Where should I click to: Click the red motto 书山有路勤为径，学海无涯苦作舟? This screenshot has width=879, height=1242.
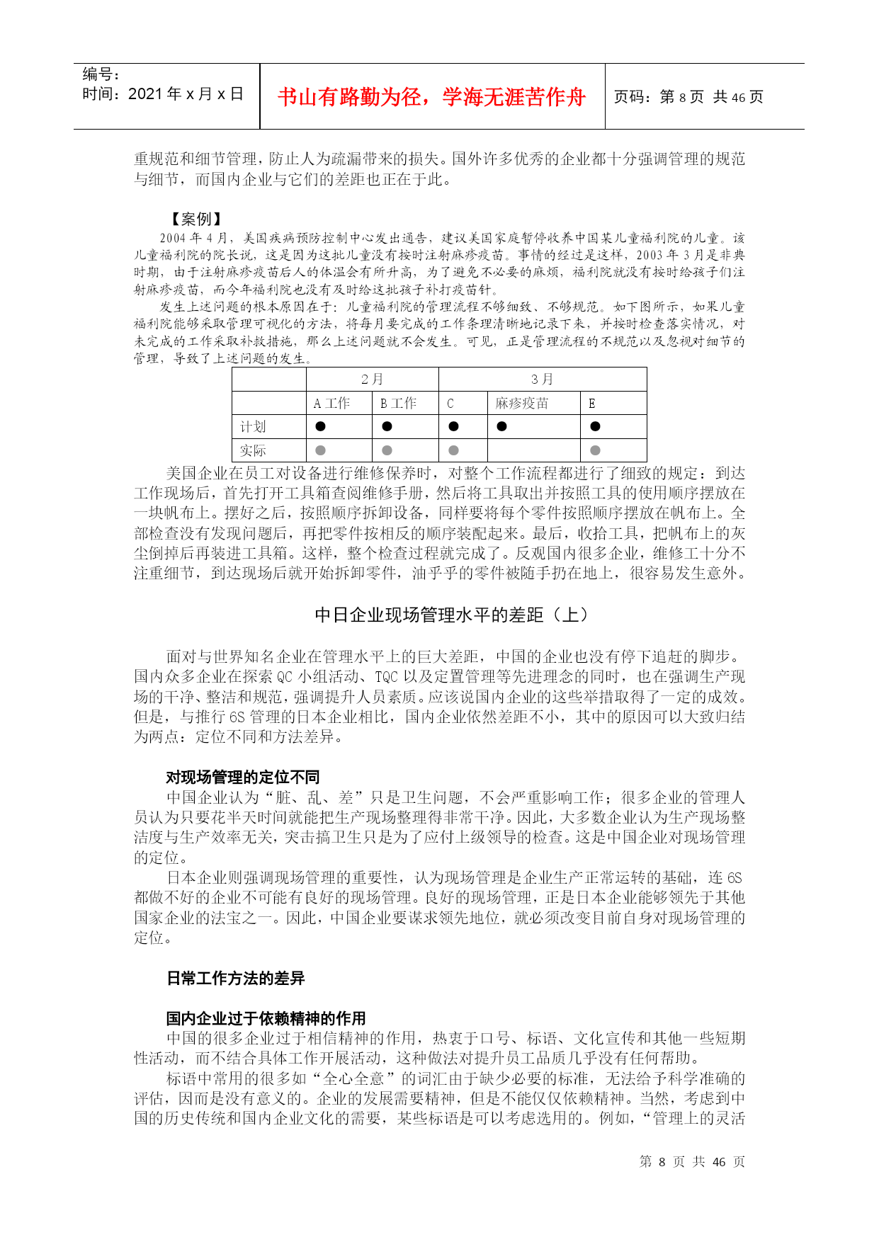(431, 97)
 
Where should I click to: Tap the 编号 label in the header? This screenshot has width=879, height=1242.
(101, 74)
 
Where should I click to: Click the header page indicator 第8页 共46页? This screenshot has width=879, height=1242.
(688, 97)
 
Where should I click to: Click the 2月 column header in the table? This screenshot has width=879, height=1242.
(372, 380)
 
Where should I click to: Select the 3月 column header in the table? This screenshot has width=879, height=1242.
(543, 380)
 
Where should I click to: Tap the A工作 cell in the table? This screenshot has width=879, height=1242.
(331, 404)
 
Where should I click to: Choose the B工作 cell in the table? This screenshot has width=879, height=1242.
(398, 404)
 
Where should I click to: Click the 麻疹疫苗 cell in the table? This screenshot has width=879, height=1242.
(522, 404)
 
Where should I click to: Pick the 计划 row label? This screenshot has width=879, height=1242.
(253, 427)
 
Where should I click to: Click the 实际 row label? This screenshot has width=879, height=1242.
(253, 450)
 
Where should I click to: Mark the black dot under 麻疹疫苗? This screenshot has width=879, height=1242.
(501, 426)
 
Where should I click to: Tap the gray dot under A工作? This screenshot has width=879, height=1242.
(320, 450)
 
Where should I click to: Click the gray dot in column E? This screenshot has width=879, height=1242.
(595, 450)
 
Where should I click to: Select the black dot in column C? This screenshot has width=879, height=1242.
(453, 426)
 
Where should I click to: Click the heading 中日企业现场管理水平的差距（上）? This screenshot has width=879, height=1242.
(452, 615)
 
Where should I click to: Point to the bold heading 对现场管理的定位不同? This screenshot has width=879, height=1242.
(243, 777)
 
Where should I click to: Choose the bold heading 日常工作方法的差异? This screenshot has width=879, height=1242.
(236, 978)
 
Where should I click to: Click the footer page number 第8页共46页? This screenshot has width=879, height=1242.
(692, 1161)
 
